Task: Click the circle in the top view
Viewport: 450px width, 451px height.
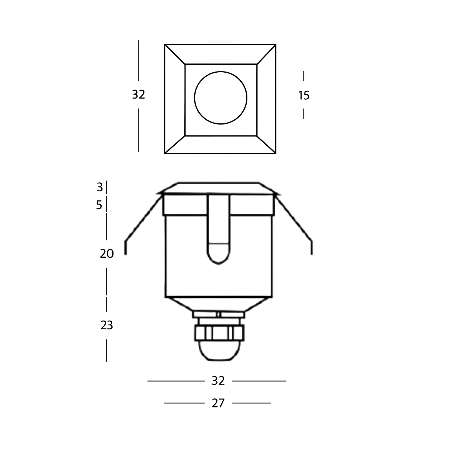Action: pyautogui.click(x=221, y=98)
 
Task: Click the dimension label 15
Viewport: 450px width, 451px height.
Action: pyautogui.click(x=304, y=95)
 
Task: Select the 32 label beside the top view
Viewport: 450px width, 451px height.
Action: pyautogui.click(x=138, y=95)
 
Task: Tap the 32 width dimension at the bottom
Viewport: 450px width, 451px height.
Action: pyautogui.click(x=218, y=381)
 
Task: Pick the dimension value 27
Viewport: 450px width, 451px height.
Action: pyautogui.click(x=218, y=403)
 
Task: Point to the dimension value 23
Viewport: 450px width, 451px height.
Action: pyautogui.click(x=107, y=325)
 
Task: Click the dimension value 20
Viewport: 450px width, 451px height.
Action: pyautogui.click(x=107, y=254)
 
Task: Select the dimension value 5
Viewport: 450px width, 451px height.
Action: pyautogui.click(x=99, y=205)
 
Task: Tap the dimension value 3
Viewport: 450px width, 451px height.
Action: pyautogui.click(x=100, y=187)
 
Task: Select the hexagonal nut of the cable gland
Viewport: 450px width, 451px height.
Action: pyautogui.click(x=219, y=333)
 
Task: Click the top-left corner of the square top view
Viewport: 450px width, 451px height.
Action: pyautogui.click(x=165, y=45)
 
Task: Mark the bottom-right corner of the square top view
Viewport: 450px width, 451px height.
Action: pyautogui.click(x=276, y=153)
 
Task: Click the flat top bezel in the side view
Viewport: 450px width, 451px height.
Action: pyautogui.click(x=218, y=188)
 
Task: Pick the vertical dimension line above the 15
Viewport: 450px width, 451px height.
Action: pyautogui.click(x=304, y=76)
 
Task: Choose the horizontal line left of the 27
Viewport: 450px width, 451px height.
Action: pyautogui.click(x=184, y=403)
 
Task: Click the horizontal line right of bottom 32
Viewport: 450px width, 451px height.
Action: pyautogui.click(x=259, y=381)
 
